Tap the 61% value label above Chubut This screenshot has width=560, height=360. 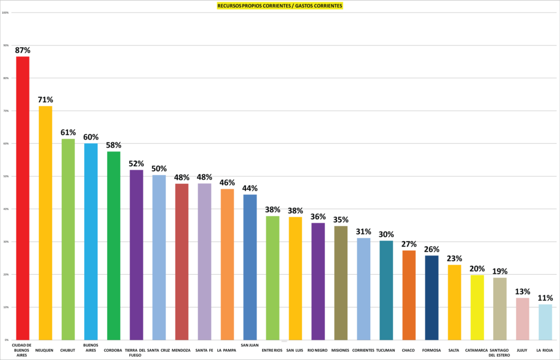point(68,132)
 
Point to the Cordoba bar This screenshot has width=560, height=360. point(113,246)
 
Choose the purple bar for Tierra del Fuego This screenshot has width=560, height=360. point(136,255)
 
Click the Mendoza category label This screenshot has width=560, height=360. point(182,350)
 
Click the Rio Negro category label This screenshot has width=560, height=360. point(318,350)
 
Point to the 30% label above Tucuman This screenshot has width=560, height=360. point(386,234)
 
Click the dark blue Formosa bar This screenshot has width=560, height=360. point(431,298)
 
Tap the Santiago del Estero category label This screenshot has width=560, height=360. point(500,352)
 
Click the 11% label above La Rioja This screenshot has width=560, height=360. point(545,298)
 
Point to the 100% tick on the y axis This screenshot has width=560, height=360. point(5,13)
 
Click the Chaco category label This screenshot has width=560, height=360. point(409,350)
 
